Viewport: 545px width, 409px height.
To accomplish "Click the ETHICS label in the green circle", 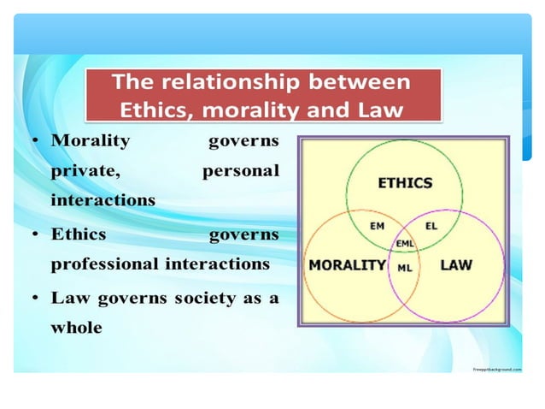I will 405,182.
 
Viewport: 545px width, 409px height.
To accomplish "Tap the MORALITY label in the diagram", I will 347,264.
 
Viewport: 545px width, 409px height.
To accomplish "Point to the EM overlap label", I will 377,226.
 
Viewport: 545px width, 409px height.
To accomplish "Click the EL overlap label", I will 431,226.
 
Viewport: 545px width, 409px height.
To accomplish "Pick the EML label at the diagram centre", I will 405,244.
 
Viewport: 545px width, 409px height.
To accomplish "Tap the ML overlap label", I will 405,266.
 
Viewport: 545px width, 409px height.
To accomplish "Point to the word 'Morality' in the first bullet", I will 91,139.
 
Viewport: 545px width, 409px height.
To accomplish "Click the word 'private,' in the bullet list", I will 85,170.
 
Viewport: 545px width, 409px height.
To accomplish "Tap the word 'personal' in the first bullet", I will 240,170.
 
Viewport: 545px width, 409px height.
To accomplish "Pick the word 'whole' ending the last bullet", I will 76,327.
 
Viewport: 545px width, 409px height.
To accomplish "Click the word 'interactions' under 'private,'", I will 103,201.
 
